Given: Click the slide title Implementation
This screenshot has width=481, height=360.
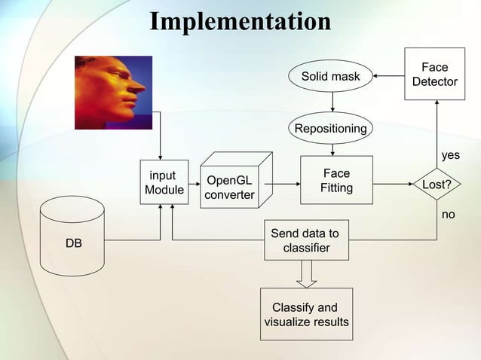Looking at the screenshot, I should [240, 21].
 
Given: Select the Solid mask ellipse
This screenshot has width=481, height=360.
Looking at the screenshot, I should [331, 76].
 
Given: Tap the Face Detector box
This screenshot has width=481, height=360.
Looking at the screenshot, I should [434, 75].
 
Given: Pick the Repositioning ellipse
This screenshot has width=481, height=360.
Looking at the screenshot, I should [331, 128].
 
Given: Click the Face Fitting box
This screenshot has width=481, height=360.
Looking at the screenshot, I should [336, 181].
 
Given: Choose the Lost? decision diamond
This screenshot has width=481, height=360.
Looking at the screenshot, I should [437, 183].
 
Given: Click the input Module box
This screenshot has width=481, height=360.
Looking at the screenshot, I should [163, 183].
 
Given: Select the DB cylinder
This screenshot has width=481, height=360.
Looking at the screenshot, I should [74, 234].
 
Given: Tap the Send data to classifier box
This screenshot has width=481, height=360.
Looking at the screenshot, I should [305, 240].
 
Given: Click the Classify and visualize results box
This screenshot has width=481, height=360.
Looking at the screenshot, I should [305, 314].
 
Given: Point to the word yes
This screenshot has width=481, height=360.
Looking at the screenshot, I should [450, 155].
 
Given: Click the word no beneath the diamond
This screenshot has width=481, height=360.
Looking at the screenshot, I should [449, 215].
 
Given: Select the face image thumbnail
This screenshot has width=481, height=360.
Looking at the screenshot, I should [113, 92].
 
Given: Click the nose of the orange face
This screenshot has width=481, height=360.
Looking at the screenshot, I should [139, 88].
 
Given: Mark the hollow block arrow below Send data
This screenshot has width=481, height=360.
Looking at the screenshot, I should [305, 273].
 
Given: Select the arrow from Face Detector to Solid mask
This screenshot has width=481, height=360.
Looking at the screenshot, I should [389, 76].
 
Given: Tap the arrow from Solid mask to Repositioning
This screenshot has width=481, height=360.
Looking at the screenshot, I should [332, 102].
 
